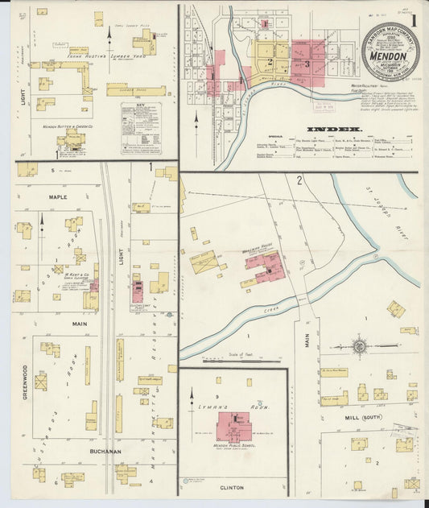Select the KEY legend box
coord(140,128)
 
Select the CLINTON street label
coord(232,487)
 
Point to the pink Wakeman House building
coord(265,266)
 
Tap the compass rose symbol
coord(361,346)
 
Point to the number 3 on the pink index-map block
coord(307,63)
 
